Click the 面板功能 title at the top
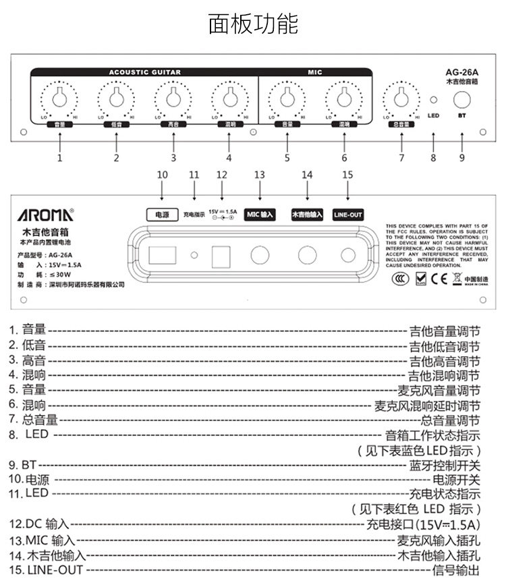coord(253,25)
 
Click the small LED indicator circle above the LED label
coord(434,101)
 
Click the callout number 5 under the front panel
coord(287,158)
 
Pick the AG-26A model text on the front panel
coord(462,72)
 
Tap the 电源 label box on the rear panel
coord(162,215)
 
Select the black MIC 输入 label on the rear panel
coord(260,215)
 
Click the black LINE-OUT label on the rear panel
coord(347,215)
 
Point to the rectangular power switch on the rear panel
coord(160,255)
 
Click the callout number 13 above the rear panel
coord(260,175)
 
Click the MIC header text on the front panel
coord(315,72)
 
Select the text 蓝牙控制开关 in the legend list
coord(445,466)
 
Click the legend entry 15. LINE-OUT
coord(47,570)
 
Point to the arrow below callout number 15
coord(347,192)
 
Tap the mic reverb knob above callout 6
coord(344,100)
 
